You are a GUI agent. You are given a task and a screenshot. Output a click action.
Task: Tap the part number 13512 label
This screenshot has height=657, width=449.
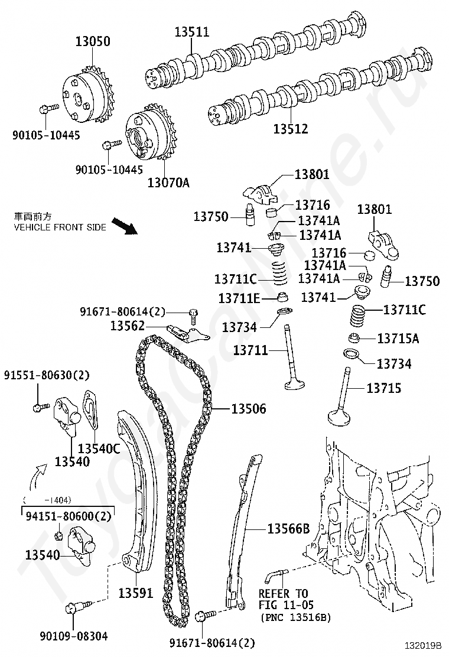(291, 128)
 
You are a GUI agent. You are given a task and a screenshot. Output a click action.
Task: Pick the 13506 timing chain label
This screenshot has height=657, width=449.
(248, 408)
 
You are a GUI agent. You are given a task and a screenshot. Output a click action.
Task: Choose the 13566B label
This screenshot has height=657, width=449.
(288, 529)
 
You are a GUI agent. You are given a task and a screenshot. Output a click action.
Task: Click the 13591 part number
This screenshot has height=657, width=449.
(135, 593)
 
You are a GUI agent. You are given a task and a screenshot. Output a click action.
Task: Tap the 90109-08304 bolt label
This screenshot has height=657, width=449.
(74, 636)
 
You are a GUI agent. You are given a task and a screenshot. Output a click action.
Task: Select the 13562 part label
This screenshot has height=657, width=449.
(128, 326)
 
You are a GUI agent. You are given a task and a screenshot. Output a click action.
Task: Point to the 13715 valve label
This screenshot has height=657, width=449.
(384, 388)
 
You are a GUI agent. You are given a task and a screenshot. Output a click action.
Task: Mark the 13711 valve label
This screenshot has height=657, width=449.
(250, 351)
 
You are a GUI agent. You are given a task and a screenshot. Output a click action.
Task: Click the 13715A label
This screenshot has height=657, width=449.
(398, 339)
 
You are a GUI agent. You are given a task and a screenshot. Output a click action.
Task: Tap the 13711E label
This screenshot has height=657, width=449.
(239, 299)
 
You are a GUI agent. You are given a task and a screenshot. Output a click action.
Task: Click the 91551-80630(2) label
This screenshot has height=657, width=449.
(47, 375)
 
